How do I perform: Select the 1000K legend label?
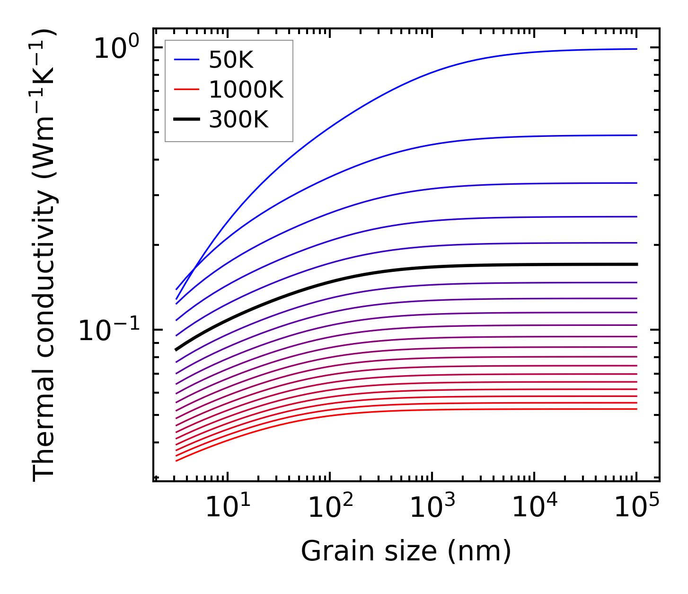(x=246, y=90)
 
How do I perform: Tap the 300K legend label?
(x=238, y=120)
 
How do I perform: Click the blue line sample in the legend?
(x=187, y=60)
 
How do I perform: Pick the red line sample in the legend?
(x=187, y=90)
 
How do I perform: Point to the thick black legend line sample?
(x=187, y=120)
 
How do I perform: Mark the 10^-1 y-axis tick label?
(x=109, y=330)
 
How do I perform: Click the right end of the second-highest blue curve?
(x=635, y=135)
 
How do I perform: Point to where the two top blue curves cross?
(x=194, y=272)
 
